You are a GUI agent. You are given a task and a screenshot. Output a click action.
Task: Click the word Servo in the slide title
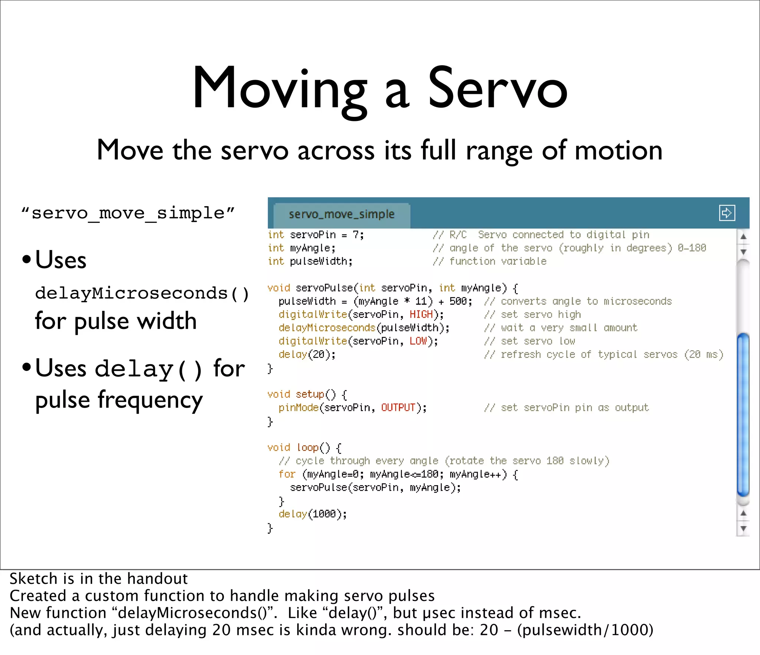tap(498, 89)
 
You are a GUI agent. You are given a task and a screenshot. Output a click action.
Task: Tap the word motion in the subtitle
tap(618, 151)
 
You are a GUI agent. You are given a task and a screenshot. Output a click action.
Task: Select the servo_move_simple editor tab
tap(341, 214)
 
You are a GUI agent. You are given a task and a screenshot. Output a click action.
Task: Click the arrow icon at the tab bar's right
tap(727, 213)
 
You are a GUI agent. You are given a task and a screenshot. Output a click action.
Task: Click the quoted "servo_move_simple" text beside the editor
tap(128, 213)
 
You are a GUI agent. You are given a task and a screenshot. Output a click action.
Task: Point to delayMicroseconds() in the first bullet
tap(142, 293)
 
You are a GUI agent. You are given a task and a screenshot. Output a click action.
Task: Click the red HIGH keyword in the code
tap(421, 315)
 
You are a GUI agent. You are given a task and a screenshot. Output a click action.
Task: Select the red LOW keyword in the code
tap(418, 341)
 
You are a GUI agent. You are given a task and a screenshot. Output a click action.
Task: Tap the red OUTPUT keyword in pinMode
tap(398, 408)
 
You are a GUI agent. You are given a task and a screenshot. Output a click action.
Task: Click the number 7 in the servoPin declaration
tap(356, 235)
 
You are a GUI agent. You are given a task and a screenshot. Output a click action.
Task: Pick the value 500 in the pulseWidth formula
tap(458, 301)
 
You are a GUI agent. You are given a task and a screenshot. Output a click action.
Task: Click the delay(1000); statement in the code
tap(312, 514)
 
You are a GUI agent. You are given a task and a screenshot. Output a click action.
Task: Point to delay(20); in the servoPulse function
tap(307, 355)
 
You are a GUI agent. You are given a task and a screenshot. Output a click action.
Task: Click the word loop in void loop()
tap(308, 448)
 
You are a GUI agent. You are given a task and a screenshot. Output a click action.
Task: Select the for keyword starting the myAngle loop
tap(287, 474)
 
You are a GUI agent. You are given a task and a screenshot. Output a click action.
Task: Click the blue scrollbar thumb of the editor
tap(743, 414)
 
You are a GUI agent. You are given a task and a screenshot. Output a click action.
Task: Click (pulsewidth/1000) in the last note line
tap(585, 630)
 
